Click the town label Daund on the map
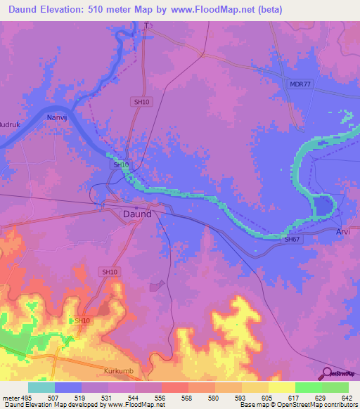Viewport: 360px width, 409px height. click(x=136, y=215)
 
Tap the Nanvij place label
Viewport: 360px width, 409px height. click(x=57, y=117)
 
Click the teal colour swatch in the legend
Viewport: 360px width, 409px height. click(x=41, y=387)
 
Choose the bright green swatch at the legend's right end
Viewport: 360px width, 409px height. click(x=335, y=387)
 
